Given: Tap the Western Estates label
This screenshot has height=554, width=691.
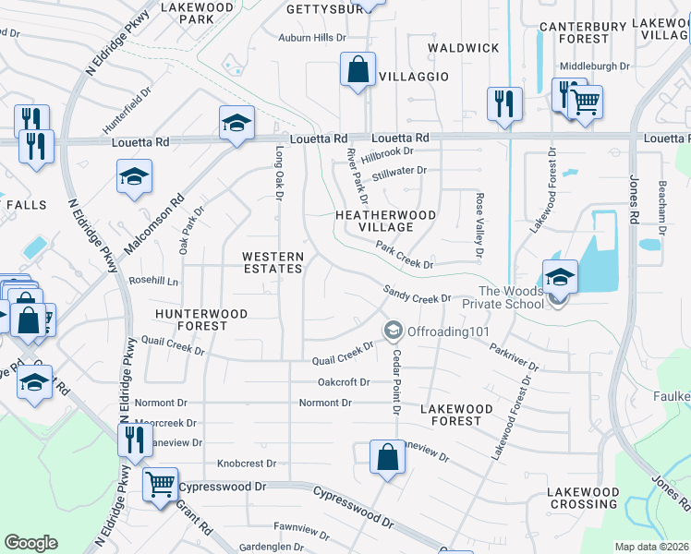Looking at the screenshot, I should (273, 262).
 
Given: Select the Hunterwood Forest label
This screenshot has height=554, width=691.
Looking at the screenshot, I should (201, 319).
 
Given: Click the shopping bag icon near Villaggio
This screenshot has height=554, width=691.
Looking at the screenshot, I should (357, 69).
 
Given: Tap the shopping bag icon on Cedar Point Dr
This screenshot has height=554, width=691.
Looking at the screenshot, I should (387, 456).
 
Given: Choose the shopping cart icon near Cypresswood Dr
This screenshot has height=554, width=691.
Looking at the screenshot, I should (161, 484).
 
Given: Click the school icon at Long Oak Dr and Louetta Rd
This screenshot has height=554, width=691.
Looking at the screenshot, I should (236, 123).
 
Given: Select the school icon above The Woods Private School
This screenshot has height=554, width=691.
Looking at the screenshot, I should (560, 276).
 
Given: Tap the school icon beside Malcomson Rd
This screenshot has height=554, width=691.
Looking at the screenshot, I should (134, 176).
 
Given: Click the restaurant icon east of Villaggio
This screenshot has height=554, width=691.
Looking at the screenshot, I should (503, 103).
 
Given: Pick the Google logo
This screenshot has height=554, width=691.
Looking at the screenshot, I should (30, 543).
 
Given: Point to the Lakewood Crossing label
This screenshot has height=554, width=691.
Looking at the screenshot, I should (583, 498).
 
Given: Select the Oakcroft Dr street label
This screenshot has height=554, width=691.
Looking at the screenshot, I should (343, 381).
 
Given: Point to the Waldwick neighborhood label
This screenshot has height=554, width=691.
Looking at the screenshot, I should (464, 47).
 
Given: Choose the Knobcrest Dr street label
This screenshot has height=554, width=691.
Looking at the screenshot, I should (247, 464).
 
